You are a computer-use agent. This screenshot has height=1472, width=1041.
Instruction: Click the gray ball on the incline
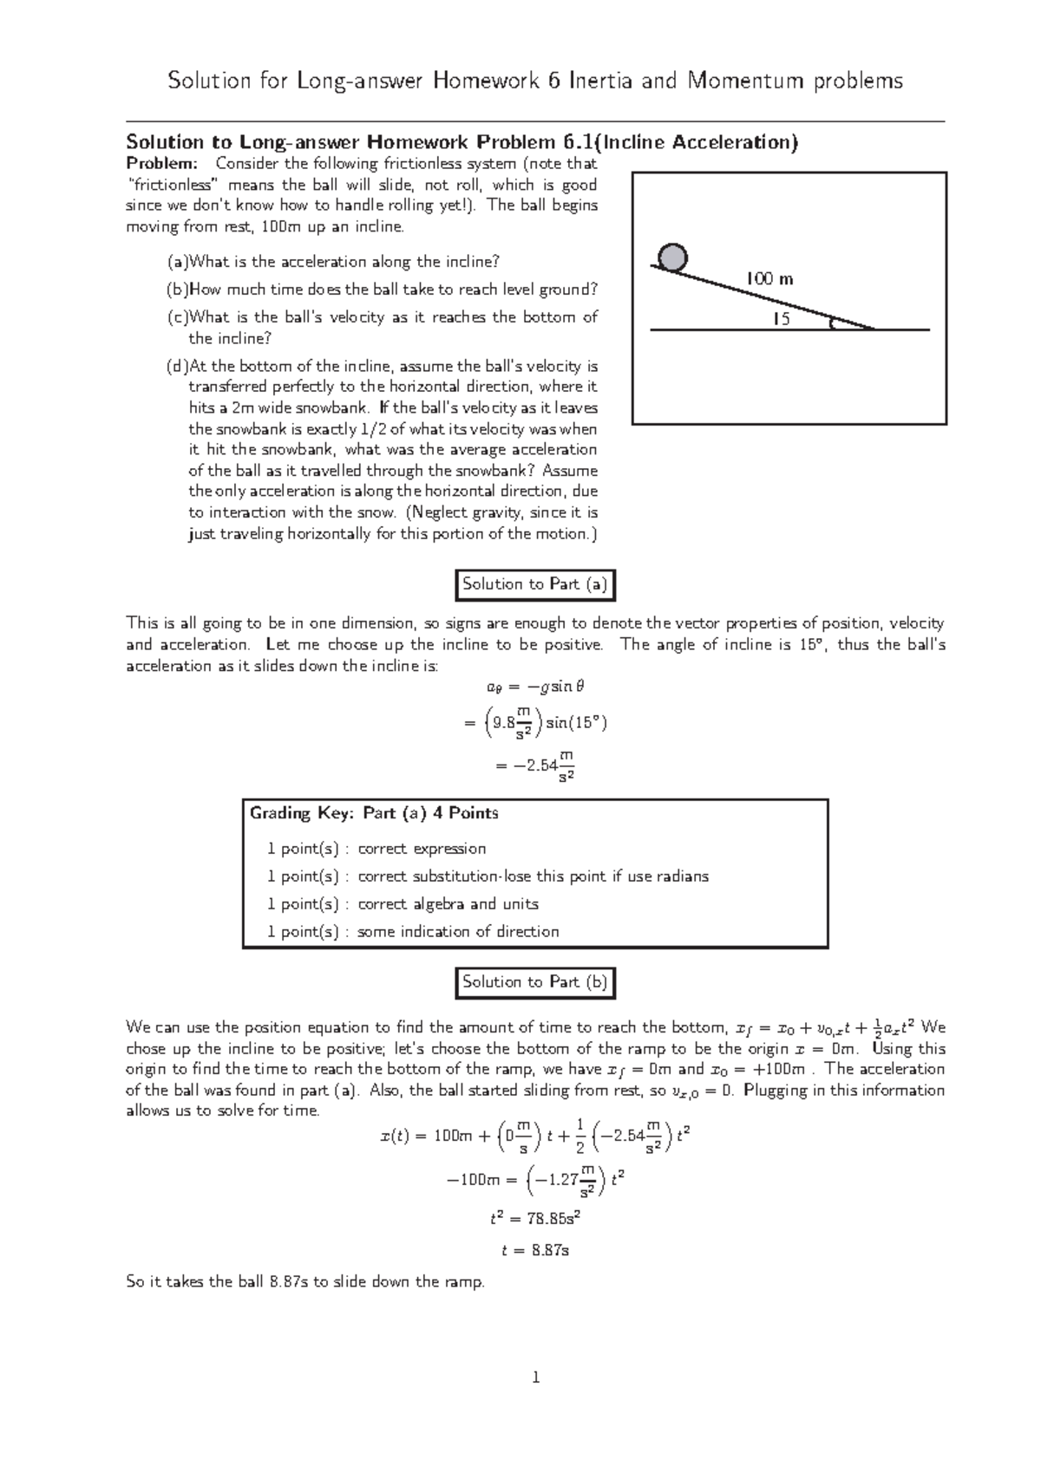672,257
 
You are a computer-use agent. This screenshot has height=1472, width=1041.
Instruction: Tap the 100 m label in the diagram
769,279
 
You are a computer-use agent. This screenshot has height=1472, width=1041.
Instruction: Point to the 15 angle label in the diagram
782,319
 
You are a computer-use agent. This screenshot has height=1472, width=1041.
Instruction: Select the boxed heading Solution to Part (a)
535,584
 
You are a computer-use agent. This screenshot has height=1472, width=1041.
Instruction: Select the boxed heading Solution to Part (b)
535,982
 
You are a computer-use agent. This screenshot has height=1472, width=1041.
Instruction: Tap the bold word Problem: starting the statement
162,164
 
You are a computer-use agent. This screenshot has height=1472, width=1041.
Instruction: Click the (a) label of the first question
177,262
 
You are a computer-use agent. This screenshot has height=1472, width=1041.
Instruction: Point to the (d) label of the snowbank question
177,366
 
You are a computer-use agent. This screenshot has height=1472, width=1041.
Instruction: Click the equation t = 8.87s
535,1250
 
